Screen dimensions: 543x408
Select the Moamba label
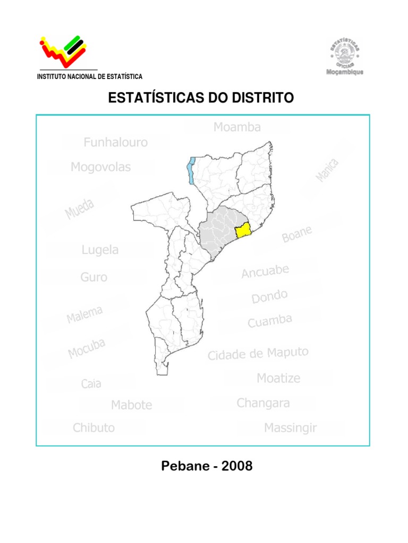237,127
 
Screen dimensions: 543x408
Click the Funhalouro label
115,142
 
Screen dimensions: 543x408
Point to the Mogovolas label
100,168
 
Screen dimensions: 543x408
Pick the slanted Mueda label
80,209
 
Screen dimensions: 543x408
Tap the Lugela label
100,250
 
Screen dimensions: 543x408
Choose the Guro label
93,277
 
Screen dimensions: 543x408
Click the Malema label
84,314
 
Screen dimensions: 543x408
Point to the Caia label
91,383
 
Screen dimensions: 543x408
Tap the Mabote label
131,405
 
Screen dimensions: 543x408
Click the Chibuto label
93,427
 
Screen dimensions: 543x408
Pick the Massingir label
290,427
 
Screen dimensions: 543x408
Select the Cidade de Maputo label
258,354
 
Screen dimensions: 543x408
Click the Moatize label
278,378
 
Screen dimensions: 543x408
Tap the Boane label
296,234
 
